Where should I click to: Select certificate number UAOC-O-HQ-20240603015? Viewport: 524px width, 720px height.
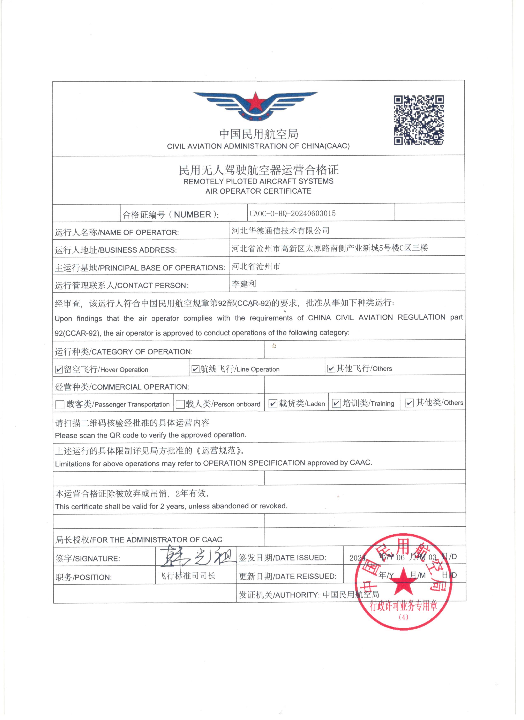(x=292, y=213)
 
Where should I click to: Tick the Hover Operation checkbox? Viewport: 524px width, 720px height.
(x=59, y=370)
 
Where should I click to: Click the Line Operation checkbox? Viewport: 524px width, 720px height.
(x=195, y=369)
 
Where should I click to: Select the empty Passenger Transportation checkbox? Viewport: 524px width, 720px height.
(x=60, y=404)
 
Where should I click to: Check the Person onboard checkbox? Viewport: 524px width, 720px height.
(x=180, y=404)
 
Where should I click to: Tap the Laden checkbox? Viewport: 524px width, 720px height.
(x=273, y=403)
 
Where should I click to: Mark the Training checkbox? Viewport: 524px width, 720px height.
(x=336, y=403)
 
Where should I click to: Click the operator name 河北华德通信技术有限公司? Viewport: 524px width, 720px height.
(x=280, y=231)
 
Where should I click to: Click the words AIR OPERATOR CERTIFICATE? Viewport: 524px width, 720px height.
(x=258, y=191)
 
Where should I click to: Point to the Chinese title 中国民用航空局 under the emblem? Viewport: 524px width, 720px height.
(x=259, y=134)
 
